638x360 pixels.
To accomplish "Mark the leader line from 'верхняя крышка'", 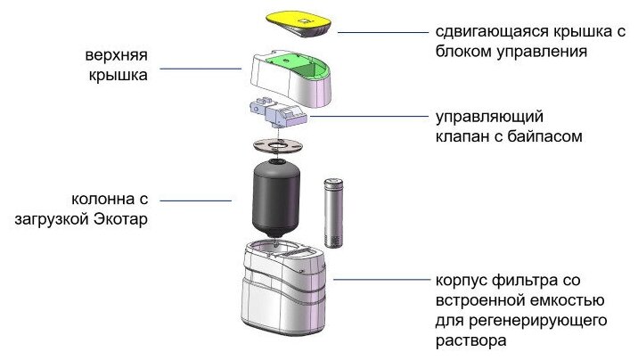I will (x=201, y=67).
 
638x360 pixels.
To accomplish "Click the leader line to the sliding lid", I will (x=382, y=32).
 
